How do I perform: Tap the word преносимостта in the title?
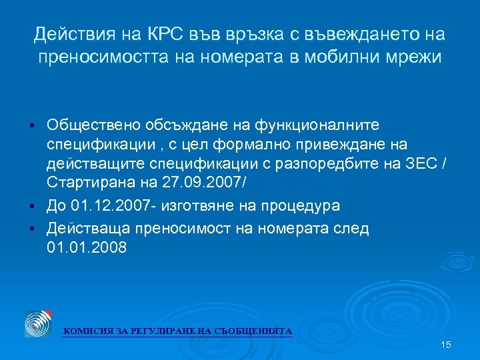click(x=105, y=57)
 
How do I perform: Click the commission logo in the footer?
click(x=39, y=323)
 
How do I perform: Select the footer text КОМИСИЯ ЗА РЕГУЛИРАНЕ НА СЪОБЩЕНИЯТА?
click(x=177, y=331)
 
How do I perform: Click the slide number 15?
click(x=446, y=345)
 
